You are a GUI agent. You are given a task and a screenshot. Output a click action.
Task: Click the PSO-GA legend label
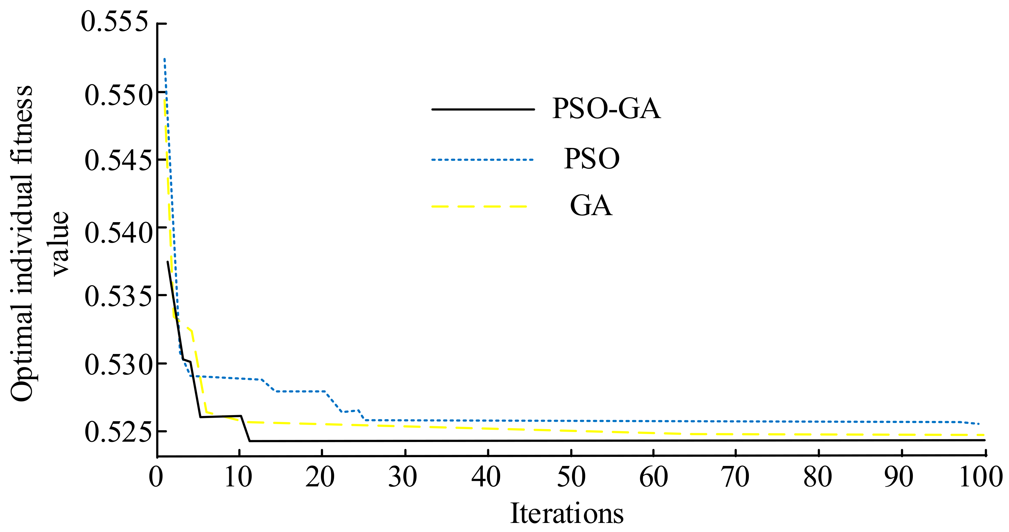pos(606,108)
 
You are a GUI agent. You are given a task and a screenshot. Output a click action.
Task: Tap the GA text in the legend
pos(591,206)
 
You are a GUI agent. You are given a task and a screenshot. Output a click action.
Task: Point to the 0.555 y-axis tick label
pos(115,22)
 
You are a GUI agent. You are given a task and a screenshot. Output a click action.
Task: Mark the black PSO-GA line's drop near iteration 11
pos(246,429)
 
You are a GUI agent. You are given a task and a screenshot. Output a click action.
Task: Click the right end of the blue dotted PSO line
pos(978,424)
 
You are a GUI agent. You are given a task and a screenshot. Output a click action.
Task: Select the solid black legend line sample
pos(483,109)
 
